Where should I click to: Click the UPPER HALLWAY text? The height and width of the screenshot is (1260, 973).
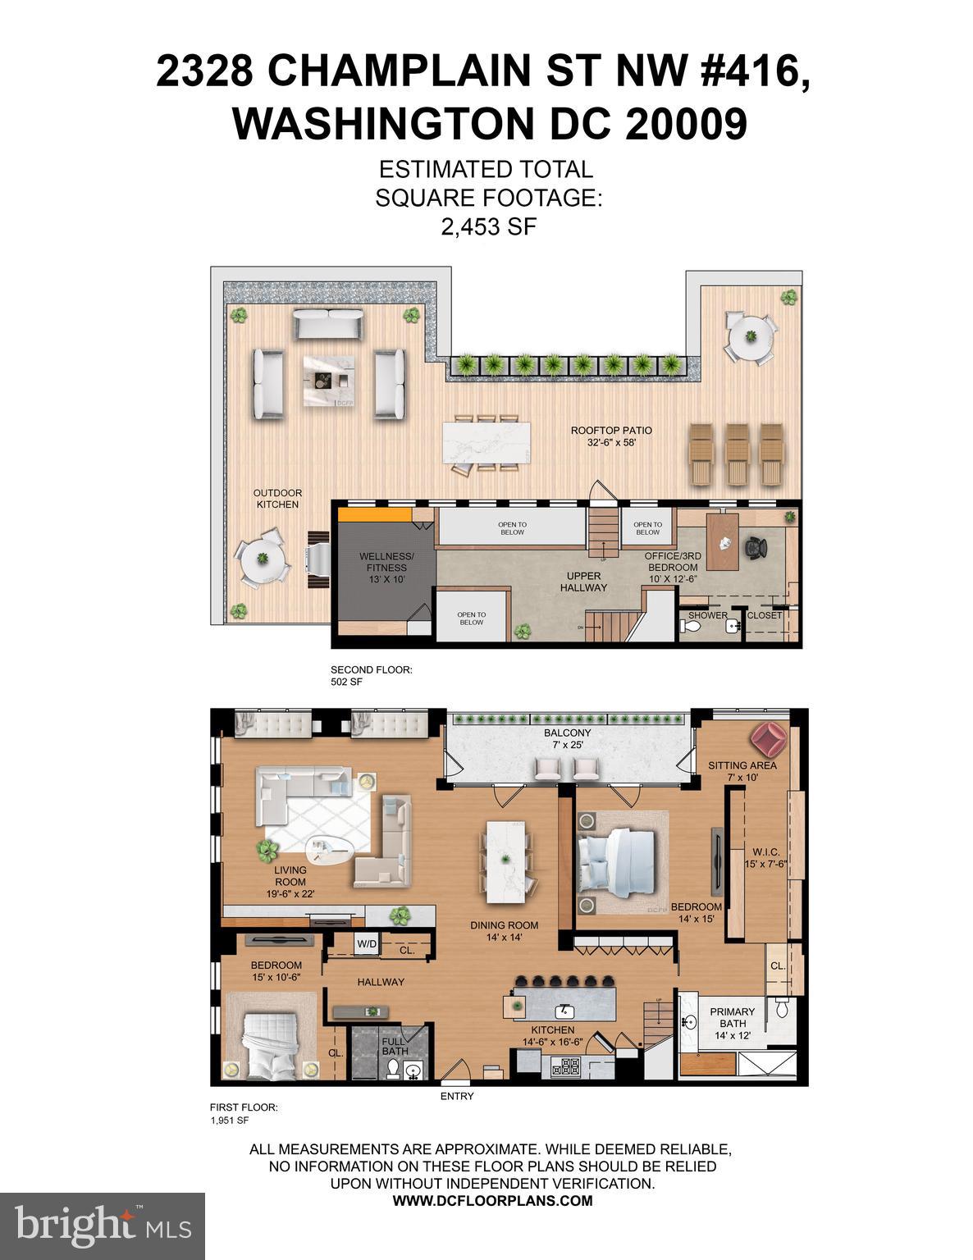(x=583, y=582)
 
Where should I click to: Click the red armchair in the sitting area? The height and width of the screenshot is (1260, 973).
(x=770, y=739)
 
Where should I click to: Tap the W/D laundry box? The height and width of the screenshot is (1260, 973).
(x=366, y=944)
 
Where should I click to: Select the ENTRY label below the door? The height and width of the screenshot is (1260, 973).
(x=457, y=1096)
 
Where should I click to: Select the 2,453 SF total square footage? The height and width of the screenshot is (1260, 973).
(x=488, y=227)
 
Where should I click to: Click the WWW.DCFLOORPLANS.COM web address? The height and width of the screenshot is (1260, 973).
(x=492, y=1200)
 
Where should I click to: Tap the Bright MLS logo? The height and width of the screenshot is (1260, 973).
(x=103, y=1226)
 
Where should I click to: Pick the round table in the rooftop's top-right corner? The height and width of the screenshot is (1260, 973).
(x=749, y=336)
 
